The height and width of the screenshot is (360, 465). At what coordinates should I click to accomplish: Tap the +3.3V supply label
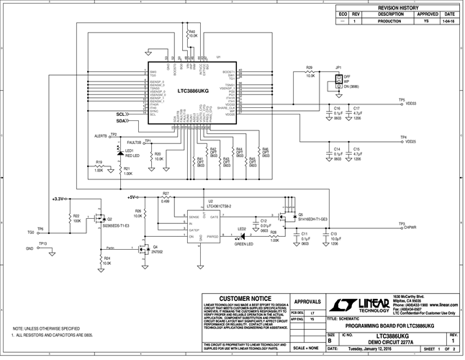pos(58,197)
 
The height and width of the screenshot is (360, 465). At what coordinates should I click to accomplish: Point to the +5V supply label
pos(132,197)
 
